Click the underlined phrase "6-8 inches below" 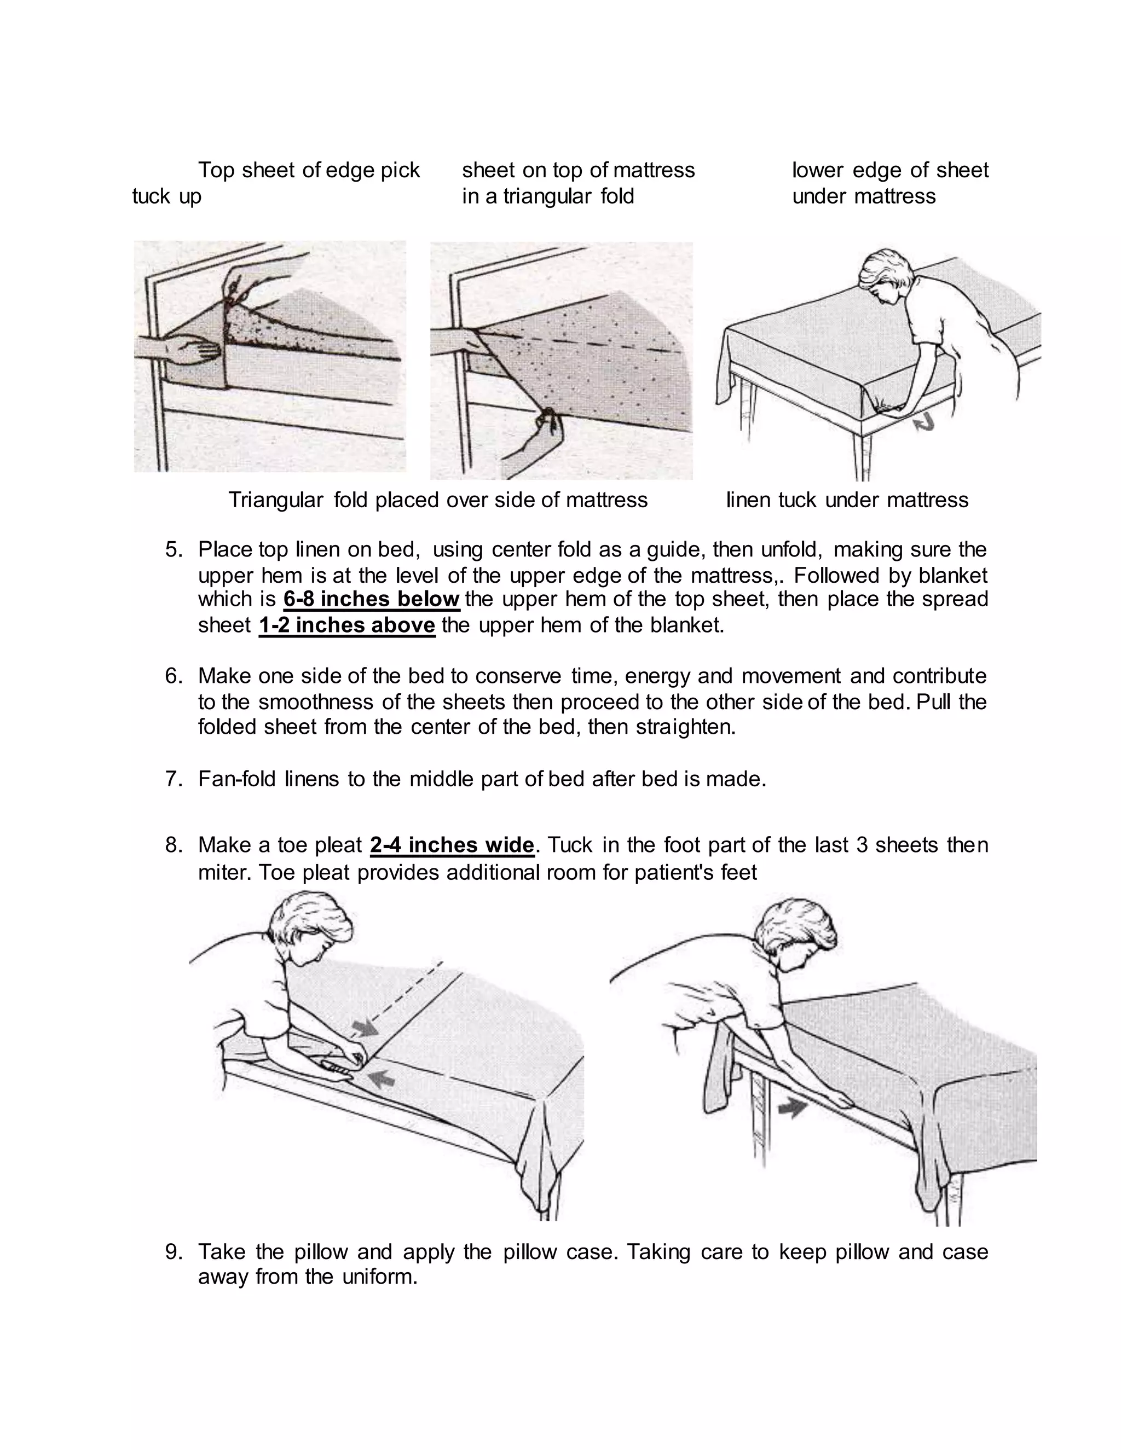(371, 599)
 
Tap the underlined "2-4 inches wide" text (452, 845)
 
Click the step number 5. (174, 550)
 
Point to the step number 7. (174, 779)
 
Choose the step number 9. (174, 1251)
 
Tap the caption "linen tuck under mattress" (847, 500)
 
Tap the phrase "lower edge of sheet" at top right (890, 171)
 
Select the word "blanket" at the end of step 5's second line (953, 575)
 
